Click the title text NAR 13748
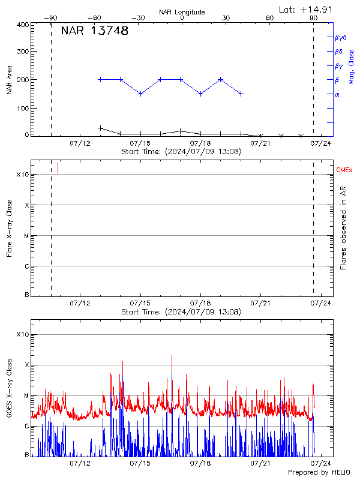[94, 31]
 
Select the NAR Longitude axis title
[182, 11]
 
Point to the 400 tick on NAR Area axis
[23, 25]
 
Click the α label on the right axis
[337, 94]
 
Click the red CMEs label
[344, 171]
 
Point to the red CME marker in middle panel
[58, 168]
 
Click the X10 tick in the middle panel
[23, 175]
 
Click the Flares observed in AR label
[343, 235]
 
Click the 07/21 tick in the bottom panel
[260, 463]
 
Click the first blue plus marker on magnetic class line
[101, 79]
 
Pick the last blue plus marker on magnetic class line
[241, 94]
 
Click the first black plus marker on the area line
[101, 128]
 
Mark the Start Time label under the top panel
[181, 151]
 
